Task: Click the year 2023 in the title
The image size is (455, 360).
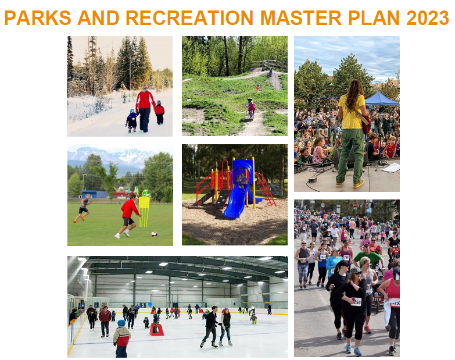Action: click(427, 18)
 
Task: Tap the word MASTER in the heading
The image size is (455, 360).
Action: click(303, 18)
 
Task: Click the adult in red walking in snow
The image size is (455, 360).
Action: click(145, 108)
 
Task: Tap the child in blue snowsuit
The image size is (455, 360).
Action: click(132, 120)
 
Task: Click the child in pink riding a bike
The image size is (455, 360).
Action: click(251, 108)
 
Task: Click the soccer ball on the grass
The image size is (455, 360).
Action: click(154, 234)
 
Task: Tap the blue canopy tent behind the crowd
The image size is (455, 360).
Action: click(381, 99)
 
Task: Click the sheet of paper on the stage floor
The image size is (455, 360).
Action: click(390, 167)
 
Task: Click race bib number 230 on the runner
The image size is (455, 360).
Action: click(356, 301)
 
